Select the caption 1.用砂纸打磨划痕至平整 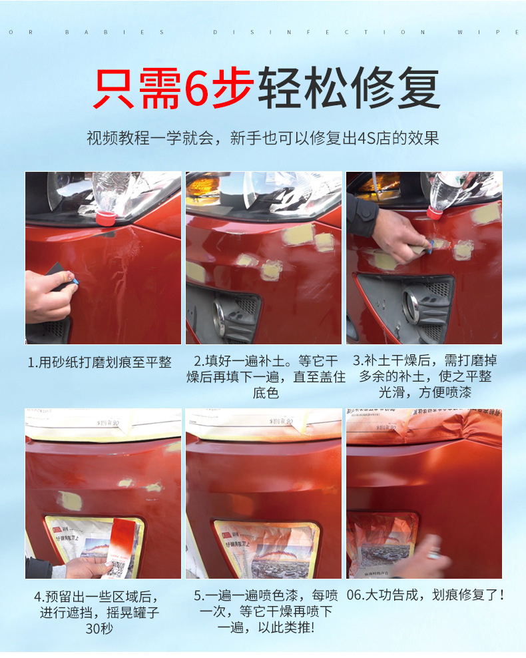pyautogui.click(x=100, y=362)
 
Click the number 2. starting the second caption pyautogui.click(x=198, y=362)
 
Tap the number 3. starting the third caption pyautogui.click(x=358, y=361)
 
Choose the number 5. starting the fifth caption pyautogui.click(x=198, y=595)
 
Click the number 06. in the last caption pyautogui.click(x=356, y=595)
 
